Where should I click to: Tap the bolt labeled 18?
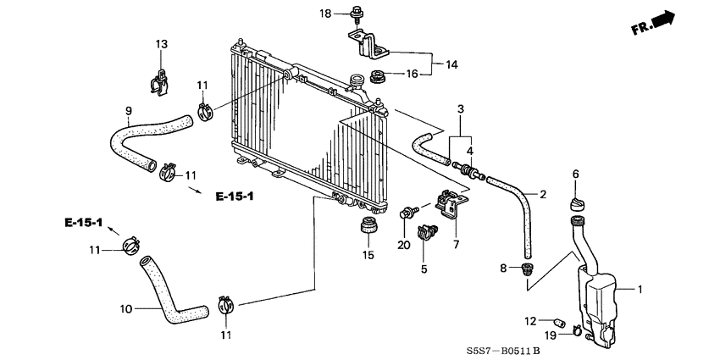coord(352,14)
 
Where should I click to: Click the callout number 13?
coord(161,43)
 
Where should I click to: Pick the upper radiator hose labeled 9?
coord(136,140)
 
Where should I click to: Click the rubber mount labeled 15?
coord(368,227)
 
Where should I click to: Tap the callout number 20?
coord(402,246)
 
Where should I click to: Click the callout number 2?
coord(543,194)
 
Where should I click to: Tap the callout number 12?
coord(530,320)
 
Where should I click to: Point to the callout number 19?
coord(551,335)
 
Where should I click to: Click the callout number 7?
coord(455,246)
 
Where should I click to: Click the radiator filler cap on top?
coord(354,82)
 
